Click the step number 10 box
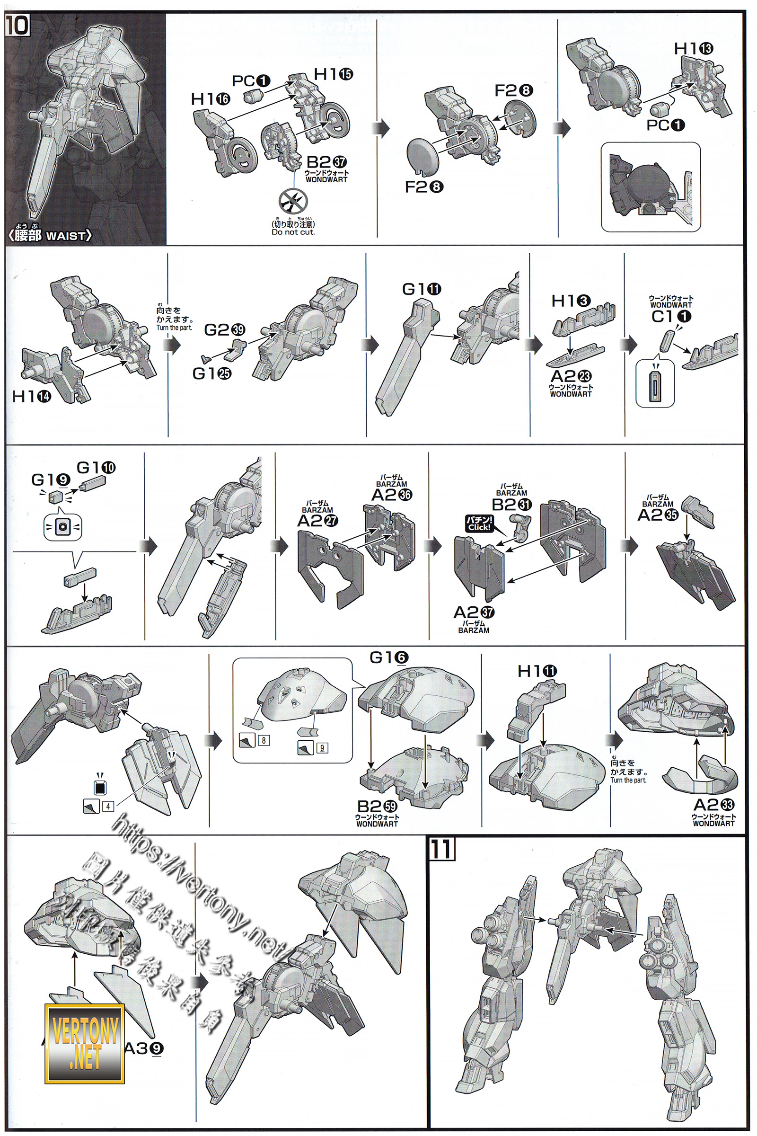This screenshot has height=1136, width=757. coord(18,25)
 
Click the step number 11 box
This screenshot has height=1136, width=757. coord(442,849)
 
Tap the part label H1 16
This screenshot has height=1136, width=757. coord(211,99)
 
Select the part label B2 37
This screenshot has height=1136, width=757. coord(326,162)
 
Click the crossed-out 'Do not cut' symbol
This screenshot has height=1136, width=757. coord(292,200)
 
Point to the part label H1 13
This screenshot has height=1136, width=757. coord(693,48)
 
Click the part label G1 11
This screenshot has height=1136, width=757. coord(422,289)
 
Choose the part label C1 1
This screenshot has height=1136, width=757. coord(671,316)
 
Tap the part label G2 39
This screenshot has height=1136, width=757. coord(224,329)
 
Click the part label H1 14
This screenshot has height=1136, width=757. coord(31,397)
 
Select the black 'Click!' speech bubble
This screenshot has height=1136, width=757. coord(479,523)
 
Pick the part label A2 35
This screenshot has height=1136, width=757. coord(658,515)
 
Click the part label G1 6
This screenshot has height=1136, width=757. coord(388,657)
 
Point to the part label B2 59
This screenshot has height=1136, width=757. coord(377,806)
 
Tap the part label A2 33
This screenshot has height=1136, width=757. coord(713,805)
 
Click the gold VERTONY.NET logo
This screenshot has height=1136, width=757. coord(85,1043)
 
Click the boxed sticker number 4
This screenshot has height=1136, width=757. coord(108,806)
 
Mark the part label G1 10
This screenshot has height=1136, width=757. coord(96,467)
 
